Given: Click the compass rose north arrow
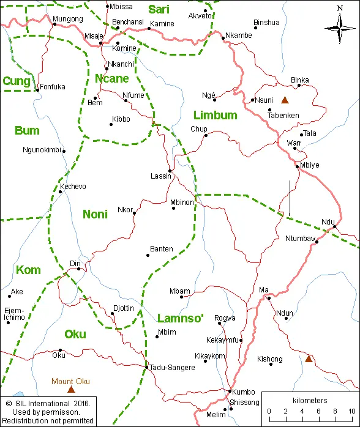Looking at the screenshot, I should [x=340, y=25].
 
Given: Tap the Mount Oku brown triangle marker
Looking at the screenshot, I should [x=71, y=389].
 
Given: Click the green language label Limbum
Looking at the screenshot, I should [x=215, y=116].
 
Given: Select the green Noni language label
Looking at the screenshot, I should [x=95, y=214].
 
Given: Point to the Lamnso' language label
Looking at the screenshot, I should [x=180, y=318].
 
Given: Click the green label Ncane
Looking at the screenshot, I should [x=111, y=78].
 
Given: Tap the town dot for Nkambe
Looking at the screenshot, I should [x=223, y=38].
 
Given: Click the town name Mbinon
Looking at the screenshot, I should [x=182, y=202].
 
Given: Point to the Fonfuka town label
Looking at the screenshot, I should [x=53, y=87].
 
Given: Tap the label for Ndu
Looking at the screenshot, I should [x=328, y=221].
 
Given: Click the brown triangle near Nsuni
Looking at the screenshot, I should [x=283, y=100].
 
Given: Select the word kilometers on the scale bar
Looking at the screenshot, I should [x=310, y=400].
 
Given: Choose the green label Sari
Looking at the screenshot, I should [x=159, y=10].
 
